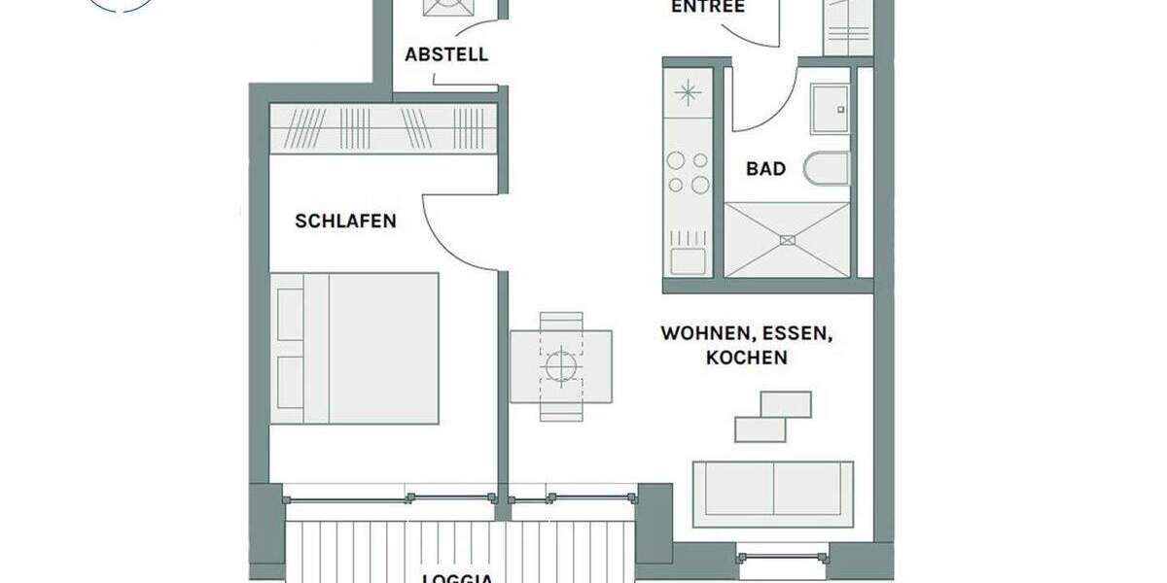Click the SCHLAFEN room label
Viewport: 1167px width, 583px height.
tap(345, 222)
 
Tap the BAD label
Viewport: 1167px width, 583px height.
tap(765, 169)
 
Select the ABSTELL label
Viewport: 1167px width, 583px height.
tap(446, 55)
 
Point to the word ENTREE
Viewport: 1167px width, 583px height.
tap(708, 8)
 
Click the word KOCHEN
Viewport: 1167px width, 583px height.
tap(746, 358)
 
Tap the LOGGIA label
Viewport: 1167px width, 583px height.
tap(457, 578)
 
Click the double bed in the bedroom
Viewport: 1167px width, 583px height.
tap(355, 348)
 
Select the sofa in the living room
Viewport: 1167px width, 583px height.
tap(772, 488)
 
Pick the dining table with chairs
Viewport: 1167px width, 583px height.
tap(561, 366)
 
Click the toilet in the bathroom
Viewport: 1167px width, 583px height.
tap(826, 169)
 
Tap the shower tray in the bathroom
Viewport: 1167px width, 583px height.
tap(788, 239)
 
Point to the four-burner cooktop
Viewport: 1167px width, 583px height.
tap(688, 172)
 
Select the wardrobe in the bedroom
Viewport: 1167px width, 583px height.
tap(382, 128)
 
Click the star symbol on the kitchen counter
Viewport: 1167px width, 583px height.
tap(688, 93)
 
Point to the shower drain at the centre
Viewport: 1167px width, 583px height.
tap(788, 239)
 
